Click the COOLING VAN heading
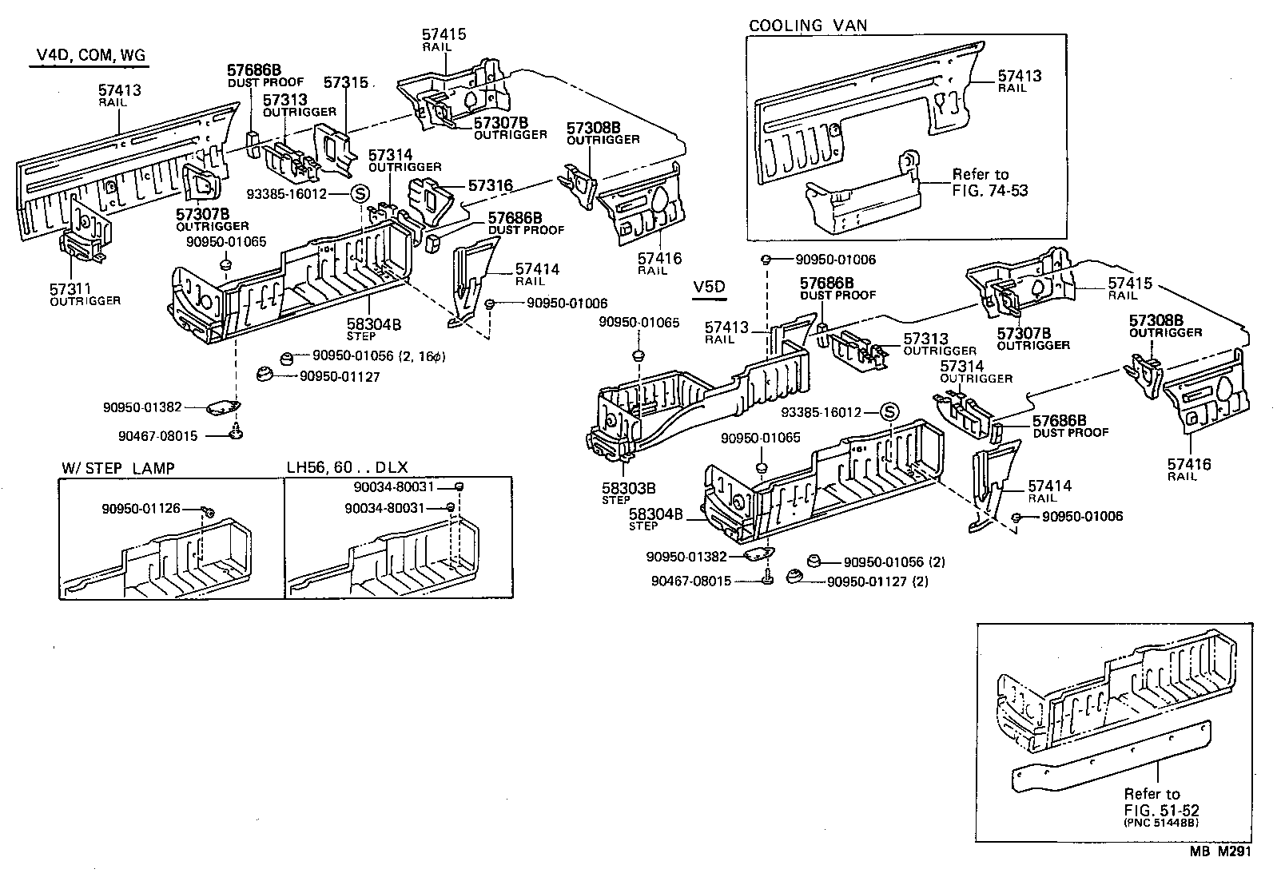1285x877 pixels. coord(807,26)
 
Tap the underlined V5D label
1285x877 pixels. coord(709,286)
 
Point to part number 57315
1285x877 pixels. coord(346,82)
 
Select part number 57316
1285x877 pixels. coord(490,185)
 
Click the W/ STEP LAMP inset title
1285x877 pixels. coord(117,468)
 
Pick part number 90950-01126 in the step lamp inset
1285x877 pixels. coord(141,509)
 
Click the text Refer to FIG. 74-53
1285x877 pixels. coord(989,182)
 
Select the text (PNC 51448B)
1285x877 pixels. coord(1163,823)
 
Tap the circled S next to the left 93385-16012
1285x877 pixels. coord(360,194)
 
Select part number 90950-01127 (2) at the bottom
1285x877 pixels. coord(877,581)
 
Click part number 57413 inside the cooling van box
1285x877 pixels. coord(1020,76)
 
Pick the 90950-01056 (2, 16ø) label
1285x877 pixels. coord(377,356)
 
